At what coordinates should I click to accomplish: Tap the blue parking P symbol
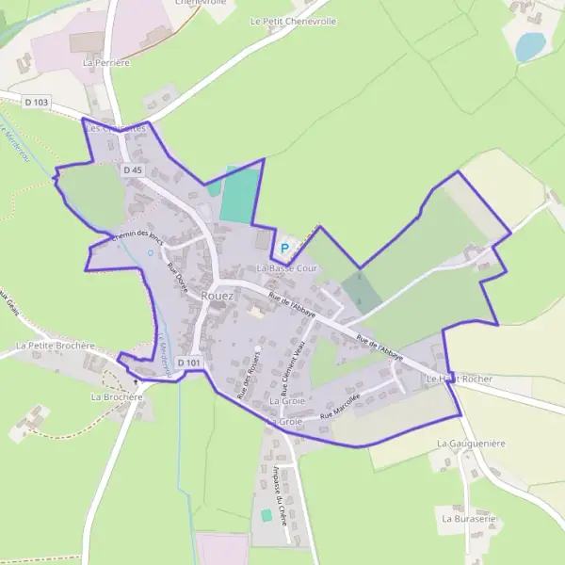(283, 249)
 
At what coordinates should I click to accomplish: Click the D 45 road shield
(133, 170)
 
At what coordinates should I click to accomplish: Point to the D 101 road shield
(188, 363)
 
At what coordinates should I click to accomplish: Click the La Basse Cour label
(282, 268)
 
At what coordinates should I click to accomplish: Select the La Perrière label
(105, 62)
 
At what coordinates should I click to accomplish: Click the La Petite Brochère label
(56, 346)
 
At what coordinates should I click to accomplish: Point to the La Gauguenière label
(472, 442)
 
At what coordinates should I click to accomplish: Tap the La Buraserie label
(468, 518)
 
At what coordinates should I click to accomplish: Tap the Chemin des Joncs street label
(137, 239)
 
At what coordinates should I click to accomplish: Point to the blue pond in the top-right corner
(530, 46)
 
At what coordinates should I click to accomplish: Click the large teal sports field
(239, 194)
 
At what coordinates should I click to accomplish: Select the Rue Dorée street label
(176, 280)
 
